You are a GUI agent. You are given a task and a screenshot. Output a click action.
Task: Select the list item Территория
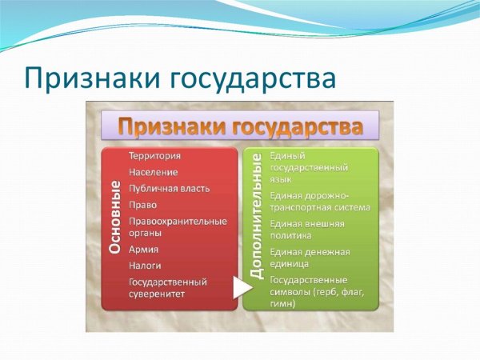(154, 156)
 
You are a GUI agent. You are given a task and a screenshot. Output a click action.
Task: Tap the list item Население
(153, 172)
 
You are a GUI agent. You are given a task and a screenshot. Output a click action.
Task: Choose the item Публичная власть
(169, 188)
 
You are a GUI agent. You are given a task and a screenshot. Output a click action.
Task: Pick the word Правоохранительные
(178, 221)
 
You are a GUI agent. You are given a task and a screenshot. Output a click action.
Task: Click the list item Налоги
(145, 266)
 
